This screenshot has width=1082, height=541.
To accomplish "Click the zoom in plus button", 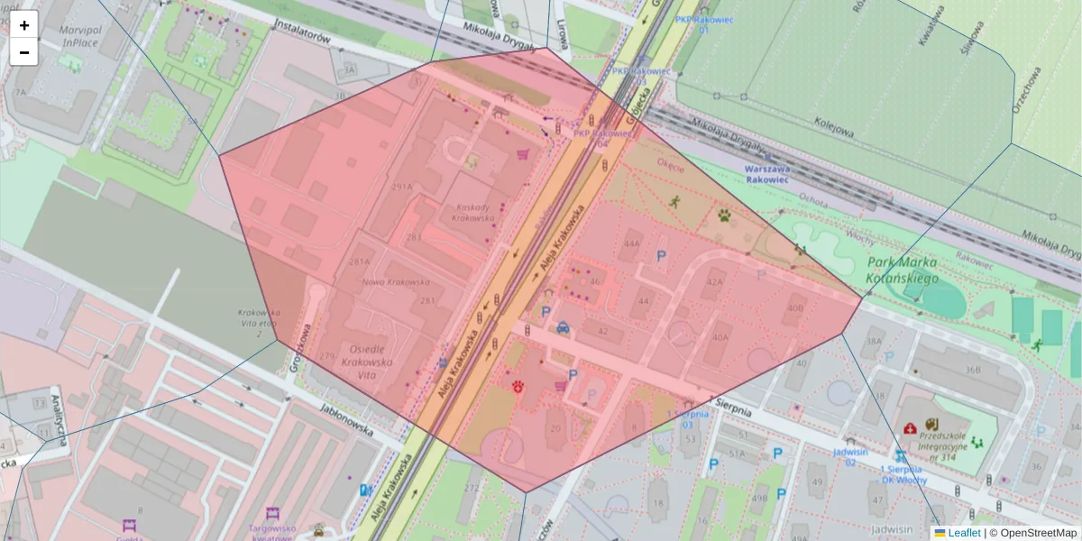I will pyautogui.click(x=24, y=25).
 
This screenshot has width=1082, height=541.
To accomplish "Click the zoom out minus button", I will pyautogui.click(x=24, y=52).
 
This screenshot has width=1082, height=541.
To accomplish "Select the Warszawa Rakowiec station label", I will pyautogui.click(x=766, y=173).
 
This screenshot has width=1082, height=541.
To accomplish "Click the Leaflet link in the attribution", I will pyautogui.click(x=963, y=533).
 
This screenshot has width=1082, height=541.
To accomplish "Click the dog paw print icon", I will pyautogui.click(x=725, y=215).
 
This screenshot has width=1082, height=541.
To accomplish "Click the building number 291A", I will pyautogui.click(x=402, y=188).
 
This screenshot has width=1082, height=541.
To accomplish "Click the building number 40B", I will pyautogui.click(x=794, y=308).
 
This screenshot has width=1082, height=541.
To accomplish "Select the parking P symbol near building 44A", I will pyautogui.click(x=661, y=257).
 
